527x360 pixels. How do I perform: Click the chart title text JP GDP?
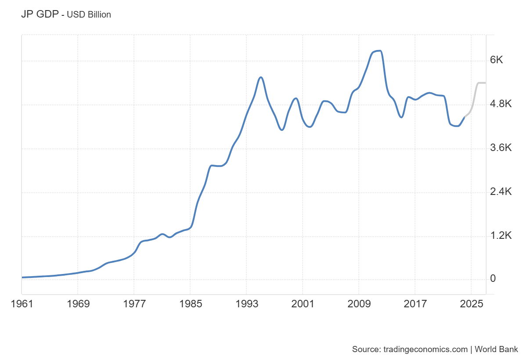[40, 14]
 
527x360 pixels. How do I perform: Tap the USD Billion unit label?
[89, 14]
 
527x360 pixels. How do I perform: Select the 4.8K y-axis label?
[501, 104]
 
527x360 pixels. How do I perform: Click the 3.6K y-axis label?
[501, 148]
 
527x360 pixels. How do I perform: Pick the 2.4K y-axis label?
[501, 192]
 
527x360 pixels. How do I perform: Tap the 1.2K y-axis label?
[501, 236]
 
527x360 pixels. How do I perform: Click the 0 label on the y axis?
[493, 279]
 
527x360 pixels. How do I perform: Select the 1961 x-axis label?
[22, 303]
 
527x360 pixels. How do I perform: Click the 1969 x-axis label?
[78, 303]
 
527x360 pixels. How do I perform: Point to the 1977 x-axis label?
[134, 303]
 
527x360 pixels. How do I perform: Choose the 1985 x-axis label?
[190, 303]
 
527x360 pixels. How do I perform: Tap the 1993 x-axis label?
[246, 303]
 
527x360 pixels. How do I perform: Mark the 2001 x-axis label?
[303, 303]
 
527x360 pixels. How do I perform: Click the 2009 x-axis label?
[359, 303]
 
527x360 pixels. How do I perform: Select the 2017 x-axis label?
[415, 303]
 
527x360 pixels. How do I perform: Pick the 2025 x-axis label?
[471, 303]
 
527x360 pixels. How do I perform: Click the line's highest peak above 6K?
[379, 51]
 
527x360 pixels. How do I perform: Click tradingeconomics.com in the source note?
[426, 349]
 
